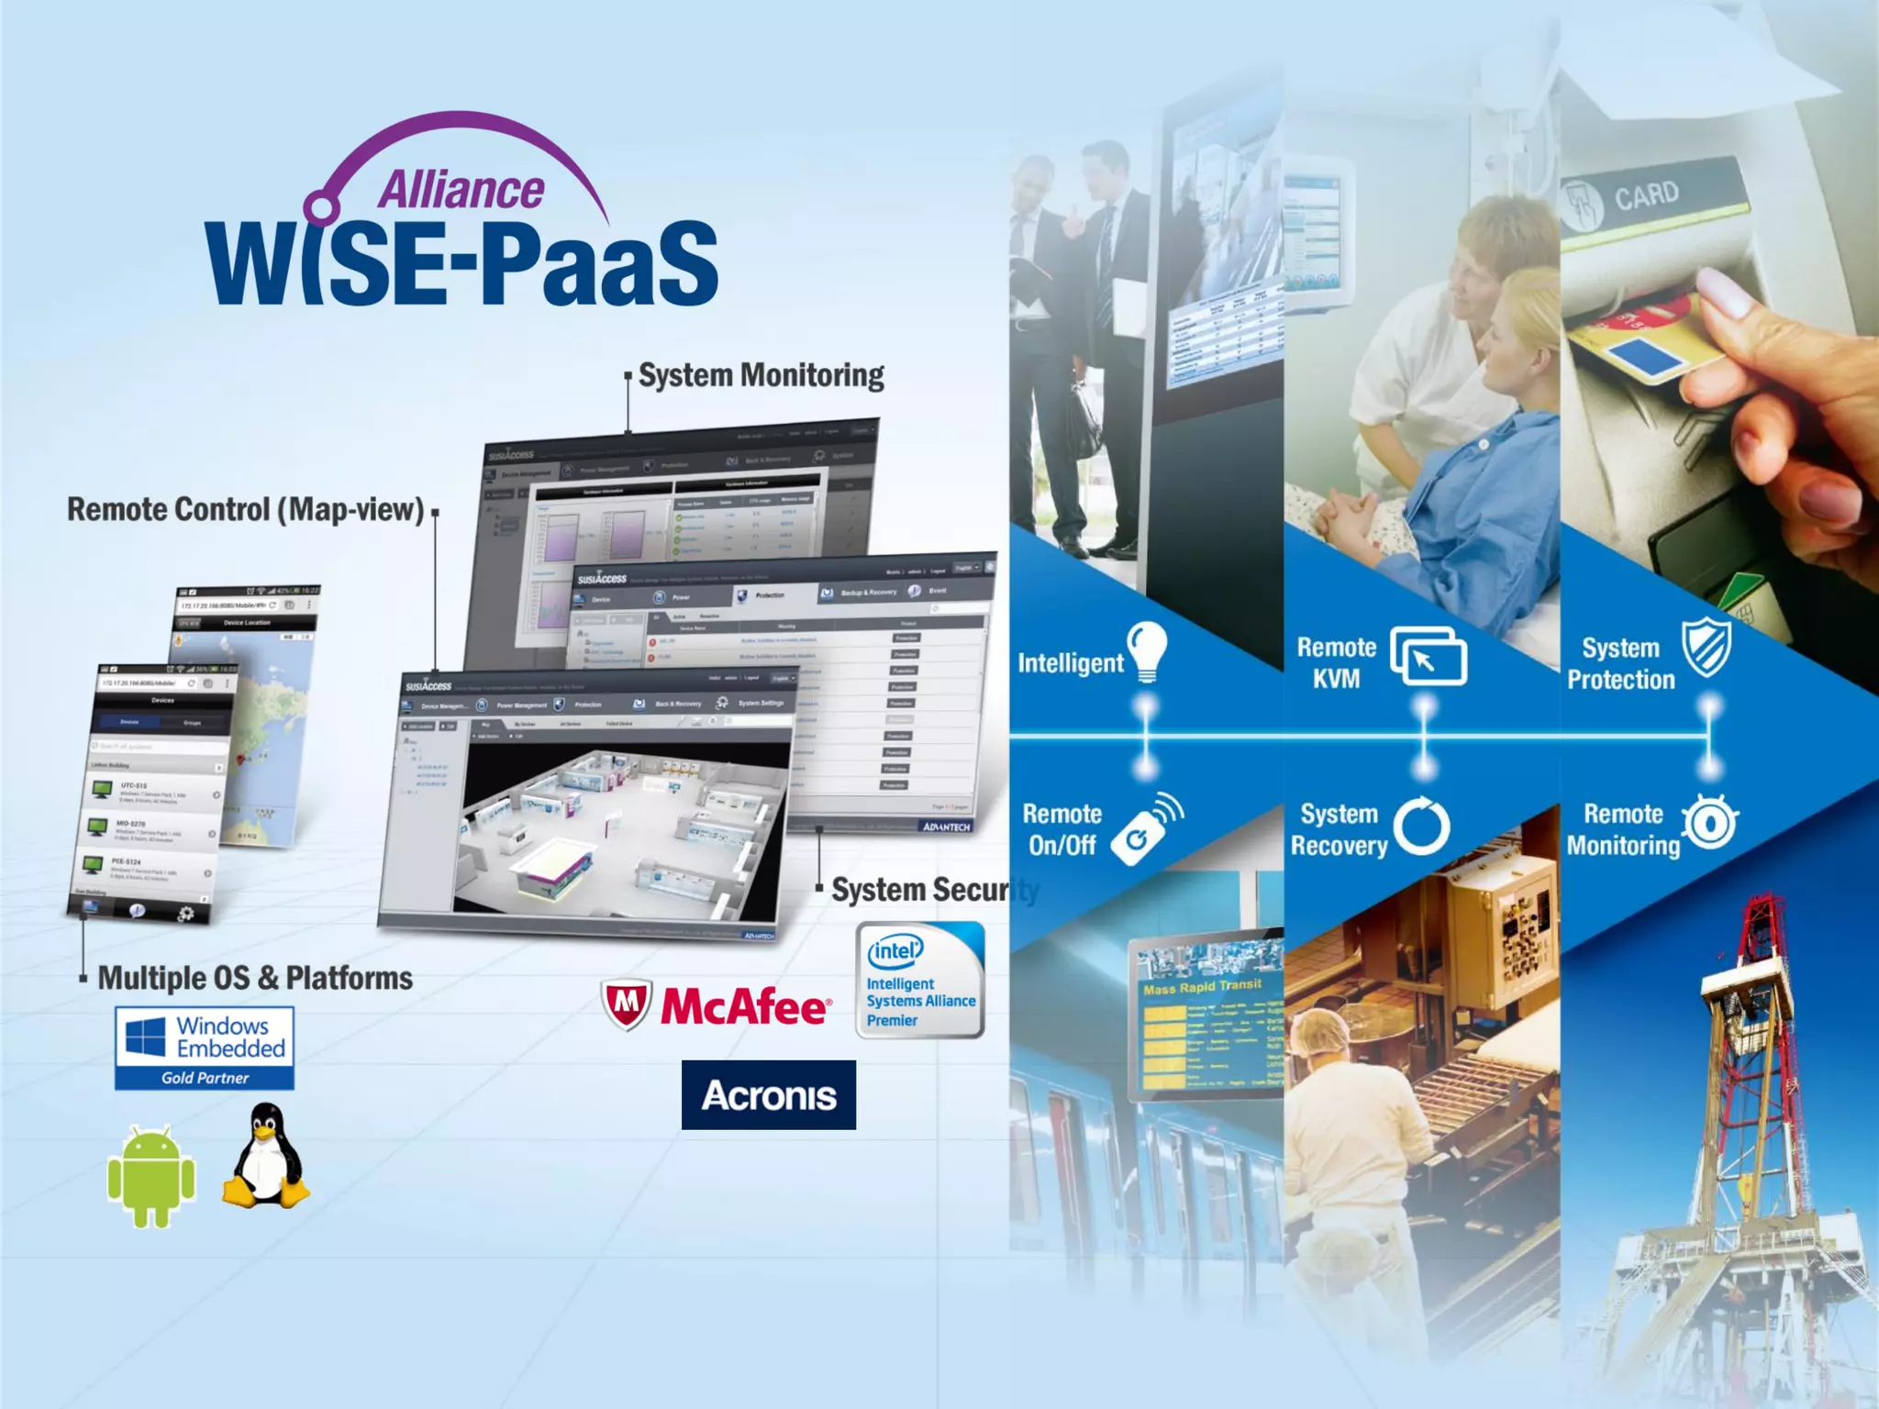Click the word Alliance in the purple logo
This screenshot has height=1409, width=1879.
[461, 191]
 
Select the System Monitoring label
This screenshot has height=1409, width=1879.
[761, 375]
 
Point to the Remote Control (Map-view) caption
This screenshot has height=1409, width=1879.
[245, 510]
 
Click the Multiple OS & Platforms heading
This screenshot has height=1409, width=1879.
[255, 978]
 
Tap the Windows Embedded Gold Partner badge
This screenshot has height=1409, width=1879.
[205, 1048]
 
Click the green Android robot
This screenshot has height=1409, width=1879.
[151, 1177]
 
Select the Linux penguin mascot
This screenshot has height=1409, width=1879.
[266, 1156]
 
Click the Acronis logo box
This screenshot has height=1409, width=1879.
[769, 1095]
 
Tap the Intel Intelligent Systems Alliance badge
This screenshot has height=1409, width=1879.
[920, 981]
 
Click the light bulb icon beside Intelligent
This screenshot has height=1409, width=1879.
[1147, 650]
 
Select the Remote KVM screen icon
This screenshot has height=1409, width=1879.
[1428, 656]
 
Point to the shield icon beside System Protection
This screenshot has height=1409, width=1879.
[1706, 647]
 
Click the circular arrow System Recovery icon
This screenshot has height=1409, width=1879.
[1422, 827]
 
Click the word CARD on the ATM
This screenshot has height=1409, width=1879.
[1647, 195]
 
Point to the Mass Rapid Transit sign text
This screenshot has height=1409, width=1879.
[1202, 987]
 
